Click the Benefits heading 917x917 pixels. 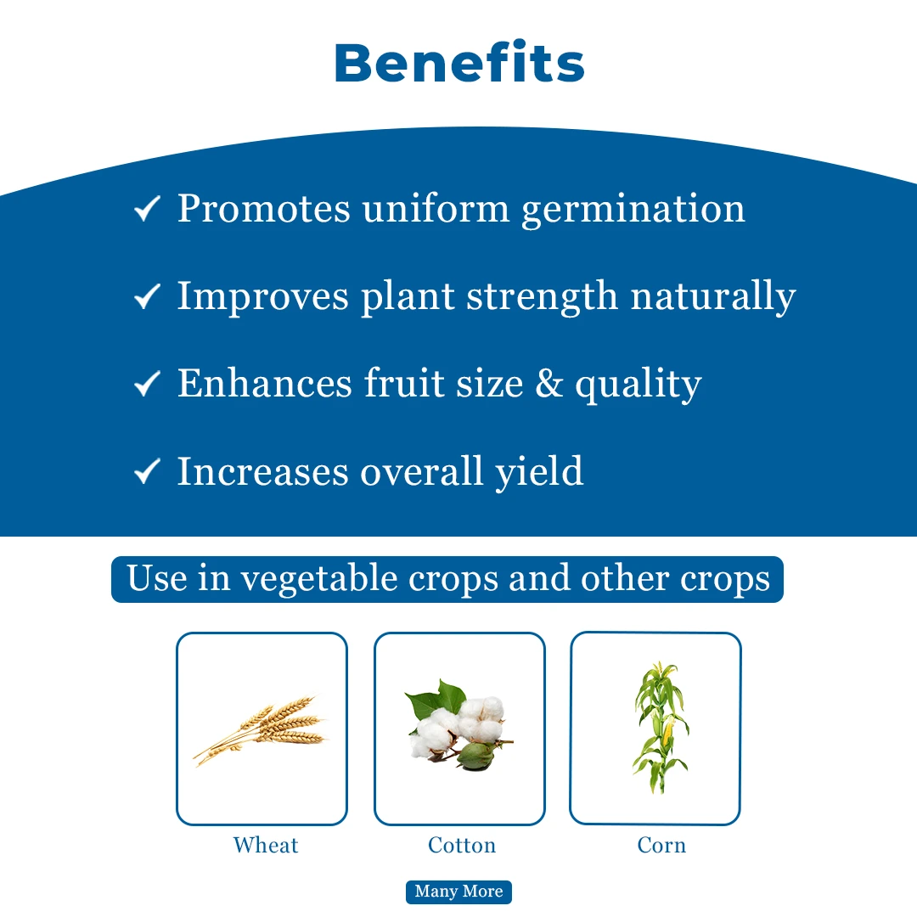[x=459, y=62]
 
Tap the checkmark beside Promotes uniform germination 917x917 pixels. [x=147, y=209]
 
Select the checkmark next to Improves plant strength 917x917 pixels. [x=147, y=296]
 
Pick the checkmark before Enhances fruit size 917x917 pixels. [x=147, y=384]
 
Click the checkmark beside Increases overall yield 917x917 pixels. [x=147, y=471]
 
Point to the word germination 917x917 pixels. [x=633, y=210]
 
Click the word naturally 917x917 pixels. [x=713, y=297]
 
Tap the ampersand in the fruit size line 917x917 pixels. [x=549, y=384]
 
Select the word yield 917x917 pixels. [x=539, y=472]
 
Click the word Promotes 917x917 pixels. [x=264, y=208]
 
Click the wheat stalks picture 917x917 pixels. [x=260, y=730]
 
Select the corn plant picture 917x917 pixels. [x=661, y=728]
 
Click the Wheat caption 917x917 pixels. [x=266, y=845]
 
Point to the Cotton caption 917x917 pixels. [x=462, y=845]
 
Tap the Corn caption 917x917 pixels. [x=661, y=845]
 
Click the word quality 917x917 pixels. [x=639, y=385]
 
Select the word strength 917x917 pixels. [x=542, y=296]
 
